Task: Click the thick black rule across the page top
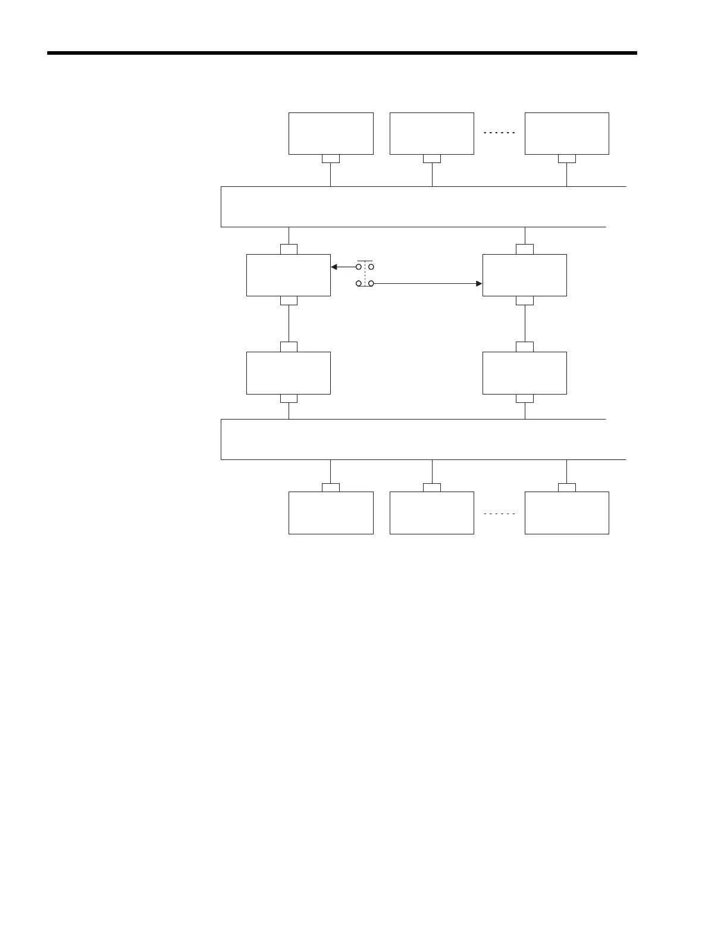[342, 54]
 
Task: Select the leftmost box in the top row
[331, 133]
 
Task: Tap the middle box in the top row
[432, 133]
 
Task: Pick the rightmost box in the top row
[566, 133]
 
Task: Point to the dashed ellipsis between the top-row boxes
[499, 133]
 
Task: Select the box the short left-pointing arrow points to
[289, 275]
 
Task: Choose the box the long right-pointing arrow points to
[524, 275]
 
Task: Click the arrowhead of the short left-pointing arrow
[334, 267]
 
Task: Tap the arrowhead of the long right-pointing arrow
[479, 284]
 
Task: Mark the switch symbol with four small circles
[365, 275]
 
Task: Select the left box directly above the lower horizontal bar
[289, 373]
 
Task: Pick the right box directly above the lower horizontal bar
[524, 373]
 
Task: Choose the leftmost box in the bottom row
[331, 512]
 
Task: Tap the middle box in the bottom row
[432, 512]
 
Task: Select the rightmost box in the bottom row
[566, 512]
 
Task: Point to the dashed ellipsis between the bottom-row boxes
[499, 514]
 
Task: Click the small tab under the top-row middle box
[432, 158]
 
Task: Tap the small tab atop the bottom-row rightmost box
[566, 487]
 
